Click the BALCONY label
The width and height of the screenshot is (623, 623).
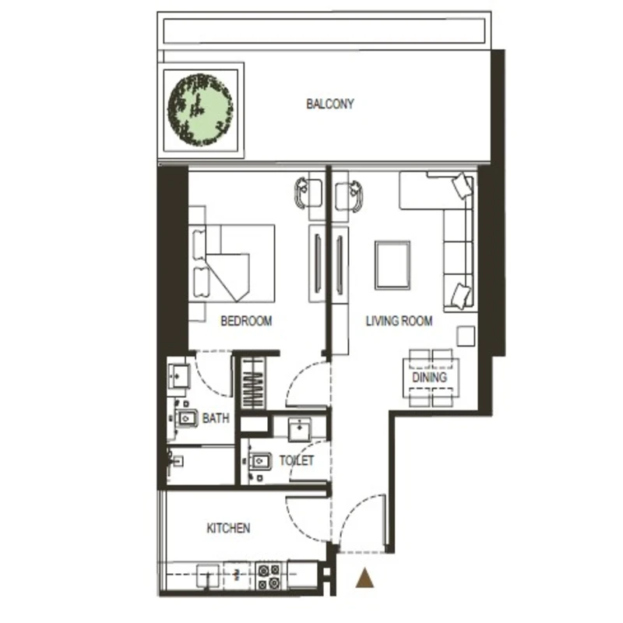pos(329,104)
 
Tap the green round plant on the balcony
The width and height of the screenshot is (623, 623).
pos(200,109)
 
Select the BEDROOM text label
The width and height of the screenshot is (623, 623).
pos(246,321)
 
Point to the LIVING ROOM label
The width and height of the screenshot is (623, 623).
pos(399,321)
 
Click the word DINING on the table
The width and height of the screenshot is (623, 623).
pos(430,377)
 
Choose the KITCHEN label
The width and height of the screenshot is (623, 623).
pos(228,528)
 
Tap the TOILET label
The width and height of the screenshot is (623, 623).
pos(297,460)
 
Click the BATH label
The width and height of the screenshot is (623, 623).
pos(216,418)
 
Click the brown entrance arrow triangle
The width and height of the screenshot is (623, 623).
pos(364,577)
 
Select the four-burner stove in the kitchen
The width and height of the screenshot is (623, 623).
pos(269,577)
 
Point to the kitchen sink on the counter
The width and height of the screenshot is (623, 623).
pos(208,575)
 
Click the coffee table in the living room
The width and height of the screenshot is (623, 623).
pos(392,265)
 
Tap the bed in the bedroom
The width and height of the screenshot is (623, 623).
pos(232,263)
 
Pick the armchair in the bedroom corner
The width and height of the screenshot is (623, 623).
pos(308,192)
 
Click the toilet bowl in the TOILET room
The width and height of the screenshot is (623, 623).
pos(259,461)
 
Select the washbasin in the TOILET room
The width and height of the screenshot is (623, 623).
pos(300,429)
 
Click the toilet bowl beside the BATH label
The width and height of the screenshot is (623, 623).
pos(186,418)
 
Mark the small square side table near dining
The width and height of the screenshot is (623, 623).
pos(466,336)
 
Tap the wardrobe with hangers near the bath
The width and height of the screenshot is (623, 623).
pos(253,383)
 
